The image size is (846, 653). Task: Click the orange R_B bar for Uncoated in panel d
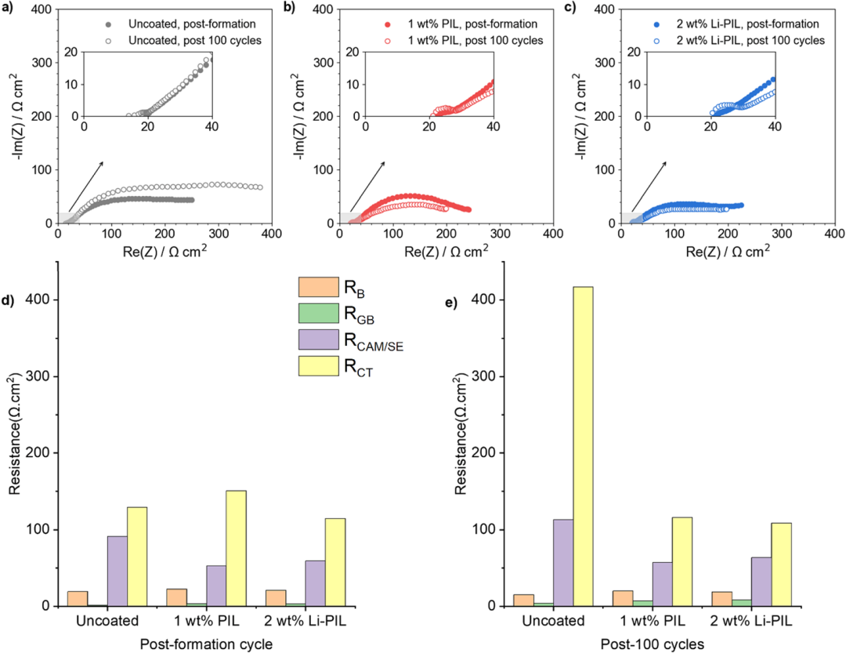pyautogui.click(x=78, y=598)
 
